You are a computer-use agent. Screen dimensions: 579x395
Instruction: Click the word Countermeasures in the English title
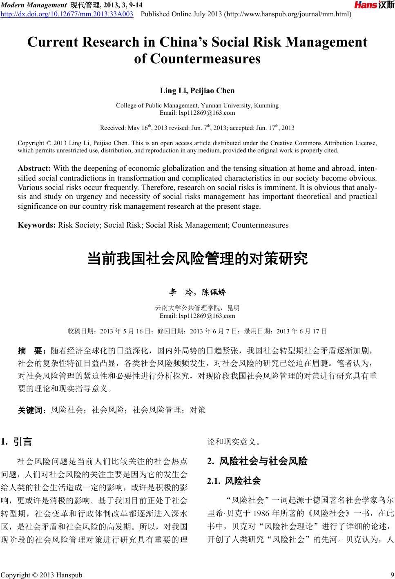[197, 59]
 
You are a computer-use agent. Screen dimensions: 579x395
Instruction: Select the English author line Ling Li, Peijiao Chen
[197, 90]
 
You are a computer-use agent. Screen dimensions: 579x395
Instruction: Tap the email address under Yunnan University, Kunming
[197, 112]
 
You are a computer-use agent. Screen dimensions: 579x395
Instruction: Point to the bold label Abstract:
[34, 169]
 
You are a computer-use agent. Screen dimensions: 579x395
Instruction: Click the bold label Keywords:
[37, 225]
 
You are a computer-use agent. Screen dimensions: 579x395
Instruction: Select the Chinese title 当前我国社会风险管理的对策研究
[197, 259]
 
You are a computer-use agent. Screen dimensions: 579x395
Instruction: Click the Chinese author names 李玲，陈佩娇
[197, 292]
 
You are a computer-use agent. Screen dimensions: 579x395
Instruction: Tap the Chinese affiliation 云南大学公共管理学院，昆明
[197, 308]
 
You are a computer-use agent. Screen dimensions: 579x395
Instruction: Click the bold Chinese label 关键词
[33, 410]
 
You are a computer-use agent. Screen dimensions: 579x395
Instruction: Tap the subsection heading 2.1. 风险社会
[234, 481]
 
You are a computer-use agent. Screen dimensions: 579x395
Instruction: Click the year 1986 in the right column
[261, 513]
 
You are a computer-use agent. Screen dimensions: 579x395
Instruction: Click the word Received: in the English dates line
[113, 128]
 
